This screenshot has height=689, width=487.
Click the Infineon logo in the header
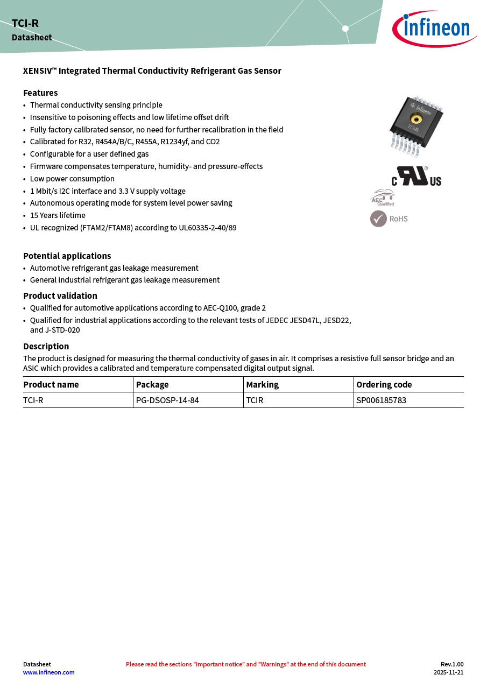pos(434,29)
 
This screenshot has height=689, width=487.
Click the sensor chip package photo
pos(416,126)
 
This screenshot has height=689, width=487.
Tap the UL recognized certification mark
pos(416,177)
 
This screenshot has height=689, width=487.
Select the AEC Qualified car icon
pos(383,197)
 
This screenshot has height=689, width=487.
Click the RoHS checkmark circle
pos(378,219)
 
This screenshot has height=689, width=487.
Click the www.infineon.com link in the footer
pos(48,672)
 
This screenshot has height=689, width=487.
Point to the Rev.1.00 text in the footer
pos(451,664)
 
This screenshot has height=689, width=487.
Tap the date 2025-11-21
pos(448,672)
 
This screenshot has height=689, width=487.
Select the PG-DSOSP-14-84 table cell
pos(167,400)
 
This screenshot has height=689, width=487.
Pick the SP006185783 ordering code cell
pos(381,400)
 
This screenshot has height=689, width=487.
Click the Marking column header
pos(262,384)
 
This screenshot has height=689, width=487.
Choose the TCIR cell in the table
pos(255,400)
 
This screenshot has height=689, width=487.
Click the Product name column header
pos(51,384)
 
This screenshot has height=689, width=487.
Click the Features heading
pos(40,93)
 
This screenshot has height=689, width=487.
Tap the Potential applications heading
pos(67,256)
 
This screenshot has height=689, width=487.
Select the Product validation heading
pos(60,296)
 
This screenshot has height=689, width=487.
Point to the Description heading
pos(46,346)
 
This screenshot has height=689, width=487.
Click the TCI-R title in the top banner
pos(25,23)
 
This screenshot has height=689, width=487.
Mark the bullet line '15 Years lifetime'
pos(58,215)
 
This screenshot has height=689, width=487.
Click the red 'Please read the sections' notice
pos(245,664)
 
